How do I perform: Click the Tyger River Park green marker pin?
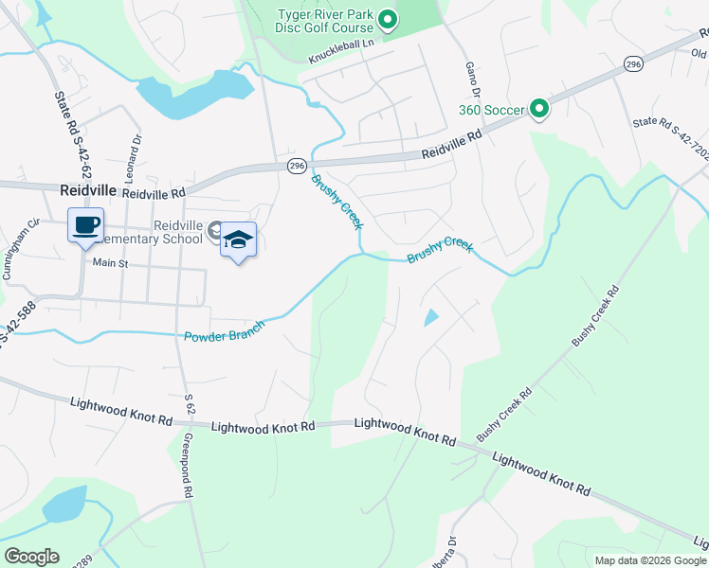pyautogui.click(x=387, y=19)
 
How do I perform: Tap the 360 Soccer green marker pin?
pyautogui.click(x=538, y=110)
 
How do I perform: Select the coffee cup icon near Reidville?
pyautogui.click(x=85, y=226)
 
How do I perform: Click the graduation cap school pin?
pyautogui.click(x=239, y=240)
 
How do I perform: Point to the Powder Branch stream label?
pyautogui.click(x=224, y=331)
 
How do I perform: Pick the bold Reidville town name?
pyautogui.click(x=87, y=189)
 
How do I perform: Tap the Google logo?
pyautogui.click(x=31, y=557)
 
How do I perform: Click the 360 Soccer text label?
pyautogui.click(x=490, y=111)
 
